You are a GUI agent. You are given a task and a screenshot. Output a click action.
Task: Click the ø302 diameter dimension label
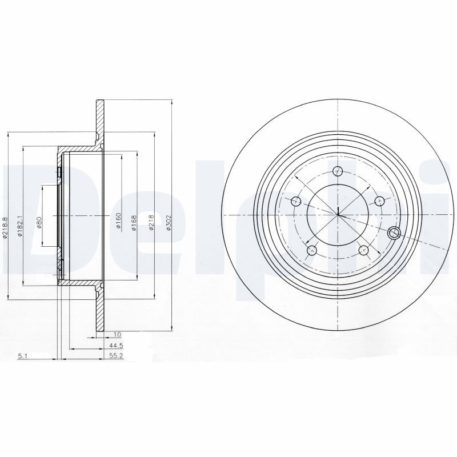[168, 223]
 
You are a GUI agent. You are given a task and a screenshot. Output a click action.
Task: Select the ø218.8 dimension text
[5, 227]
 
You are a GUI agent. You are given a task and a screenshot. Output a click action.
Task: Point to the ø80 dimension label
[39, 222]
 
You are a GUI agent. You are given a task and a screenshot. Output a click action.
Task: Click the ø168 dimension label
[134, 223]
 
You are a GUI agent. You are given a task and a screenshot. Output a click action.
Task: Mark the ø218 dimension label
[151, 223]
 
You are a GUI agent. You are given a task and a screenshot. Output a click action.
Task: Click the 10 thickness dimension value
[117, 335]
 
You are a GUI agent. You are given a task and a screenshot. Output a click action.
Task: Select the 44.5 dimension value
[117, 346]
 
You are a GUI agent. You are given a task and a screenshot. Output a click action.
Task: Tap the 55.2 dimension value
[117, 356]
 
